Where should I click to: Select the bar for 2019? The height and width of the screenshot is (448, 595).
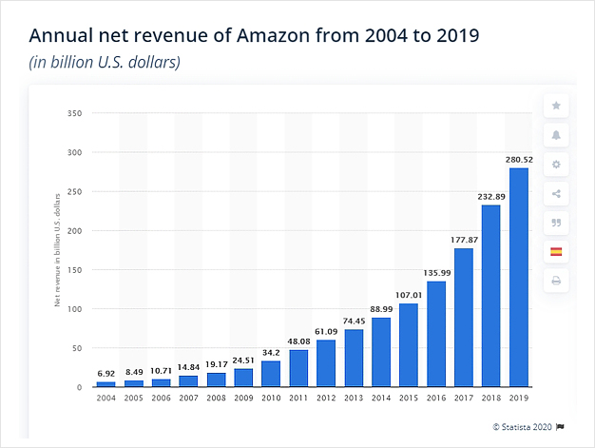(518, 278)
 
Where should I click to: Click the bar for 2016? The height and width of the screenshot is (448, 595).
(435, 334)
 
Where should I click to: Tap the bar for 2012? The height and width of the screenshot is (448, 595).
(326, 363)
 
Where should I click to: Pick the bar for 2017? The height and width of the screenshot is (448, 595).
(463, 318)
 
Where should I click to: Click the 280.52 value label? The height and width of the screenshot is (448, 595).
(518, 160)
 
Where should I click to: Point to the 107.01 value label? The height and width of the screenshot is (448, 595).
(408, 295)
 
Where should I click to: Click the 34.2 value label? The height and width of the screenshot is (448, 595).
(271, 352)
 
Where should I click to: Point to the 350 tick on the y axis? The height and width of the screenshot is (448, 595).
(78, 113)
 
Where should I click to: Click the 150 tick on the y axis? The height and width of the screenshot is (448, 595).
(78, 270)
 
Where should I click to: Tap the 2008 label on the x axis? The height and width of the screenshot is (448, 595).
(217, 398)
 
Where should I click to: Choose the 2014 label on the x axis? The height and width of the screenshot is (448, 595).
(381, 398)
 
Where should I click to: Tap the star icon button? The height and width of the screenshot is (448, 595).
(556, 106)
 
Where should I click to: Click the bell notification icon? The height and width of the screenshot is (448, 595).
(556, 135)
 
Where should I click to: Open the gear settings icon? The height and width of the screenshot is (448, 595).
(556, 165)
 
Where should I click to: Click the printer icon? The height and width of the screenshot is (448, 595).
(556, 281)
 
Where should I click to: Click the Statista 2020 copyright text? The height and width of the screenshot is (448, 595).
(520, 425)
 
